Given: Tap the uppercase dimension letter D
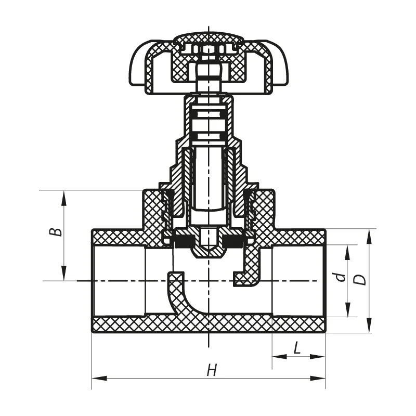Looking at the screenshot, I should coord(359,279).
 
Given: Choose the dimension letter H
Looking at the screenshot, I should coord(211,370).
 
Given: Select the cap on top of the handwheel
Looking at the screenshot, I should coord(208,38).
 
